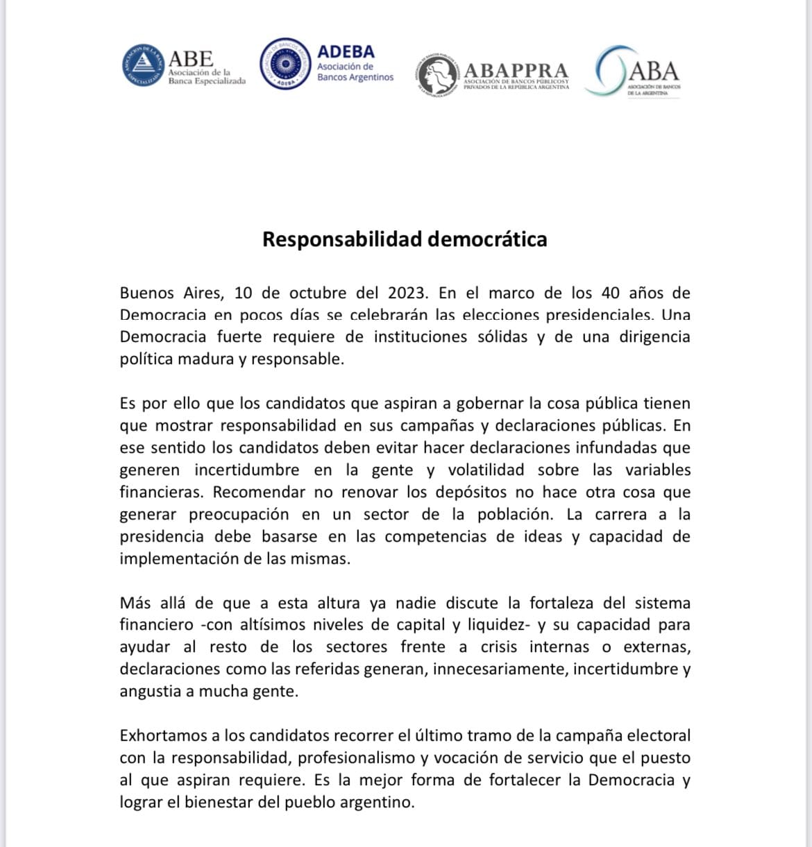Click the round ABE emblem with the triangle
(144, 65)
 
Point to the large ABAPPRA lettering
(516, 71)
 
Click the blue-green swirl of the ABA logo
(609, 70)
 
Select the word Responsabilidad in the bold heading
(342, 239)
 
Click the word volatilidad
(486, 470)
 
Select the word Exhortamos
(163, 735)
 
